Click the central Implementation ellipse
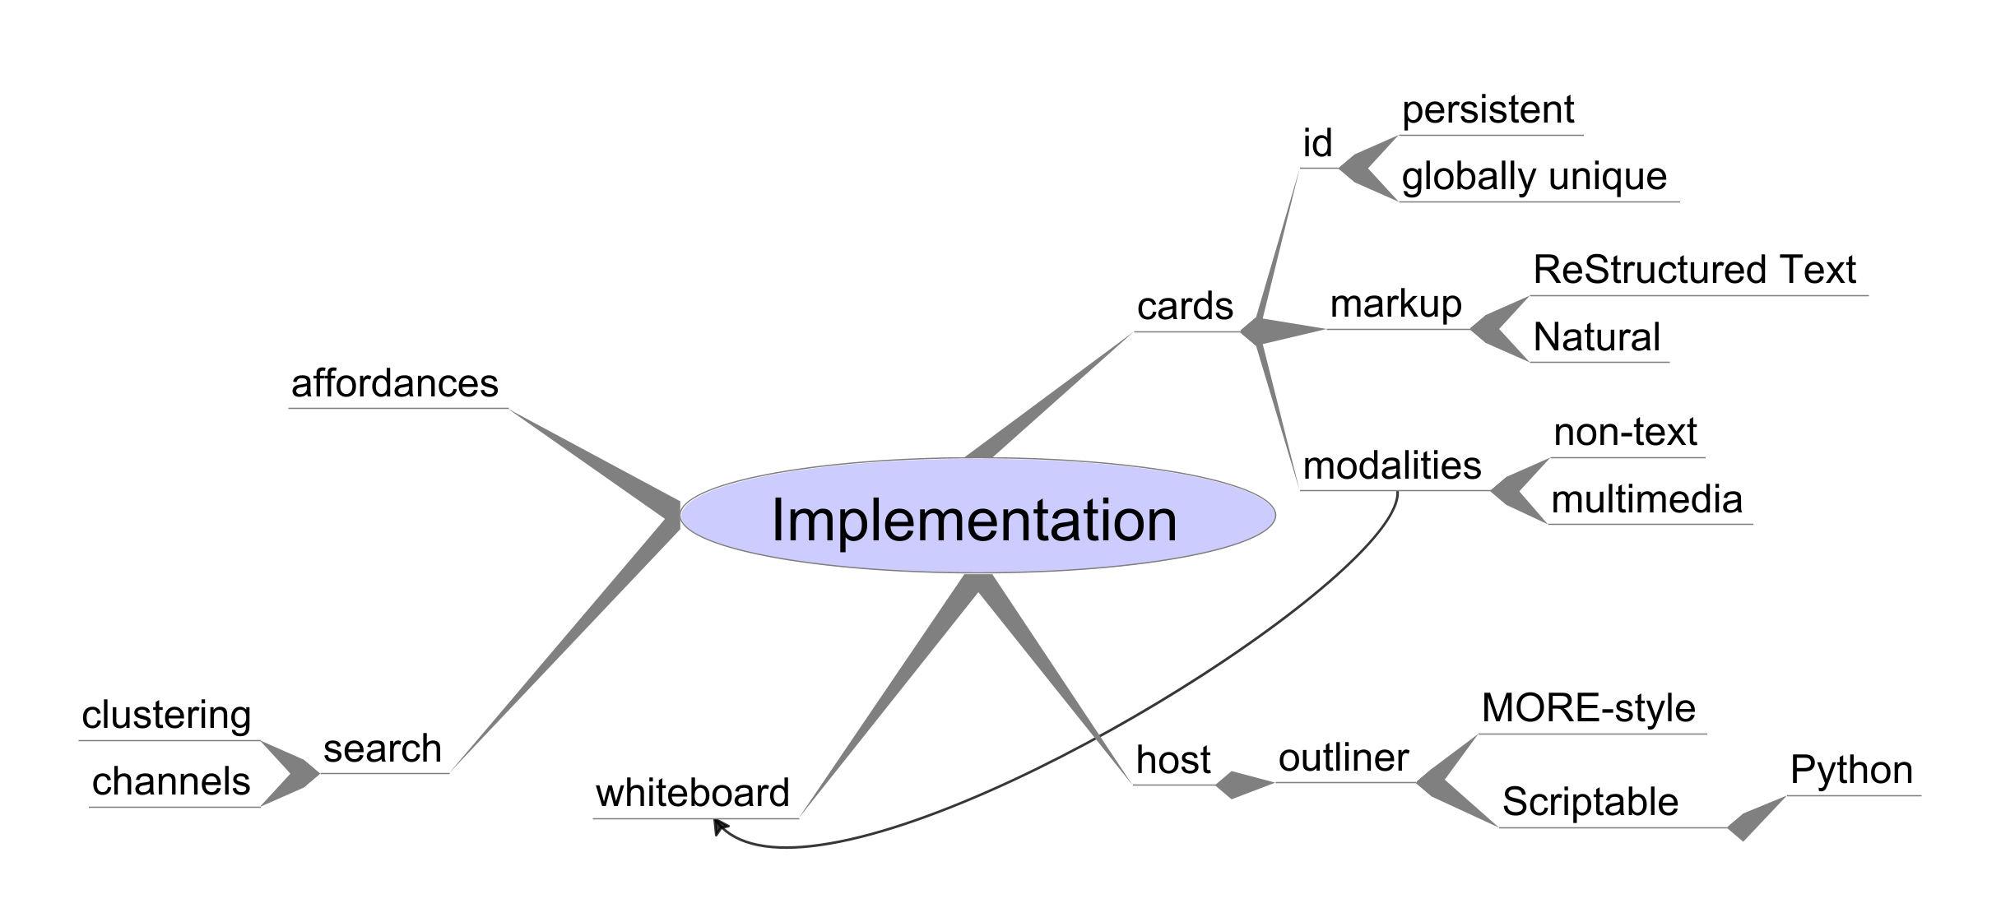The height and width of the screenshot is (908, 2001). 977,516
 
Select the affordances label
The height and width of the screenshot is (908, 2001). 395,383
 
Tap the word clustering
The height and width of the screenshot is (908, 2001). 166,716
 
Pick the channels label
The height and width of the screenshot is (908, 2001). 171,781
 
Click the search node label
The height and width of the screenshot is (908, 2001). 383,748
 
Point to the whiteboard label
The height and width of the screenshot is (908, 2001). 693,793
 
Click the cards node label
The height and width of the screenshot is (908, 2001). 1185,307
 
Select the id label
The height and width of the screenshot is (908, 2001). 1317,143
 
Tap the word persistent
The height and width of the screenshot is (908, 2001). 1488,110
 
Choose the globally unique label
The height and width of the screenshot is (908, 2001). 1534,177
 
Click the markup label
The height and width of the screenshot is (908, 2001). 1395,304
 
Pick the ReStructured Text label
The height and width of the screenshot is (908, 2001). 1695,270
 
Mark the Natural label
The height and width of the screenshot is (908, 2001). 1597,337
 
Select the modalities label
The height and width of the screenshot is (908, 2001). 1392,466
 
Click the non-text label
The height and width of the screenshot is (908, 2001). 1626,432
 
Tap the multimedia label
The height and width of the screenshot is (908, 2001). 1646,499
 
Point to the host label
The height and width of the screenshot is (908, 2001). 1173,759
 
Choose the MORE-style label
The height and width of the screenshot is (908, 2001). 1589,708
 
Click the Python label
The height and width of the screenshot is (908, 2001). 1851,771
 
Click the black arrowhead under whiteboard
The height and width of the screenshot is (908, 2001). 719,826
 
